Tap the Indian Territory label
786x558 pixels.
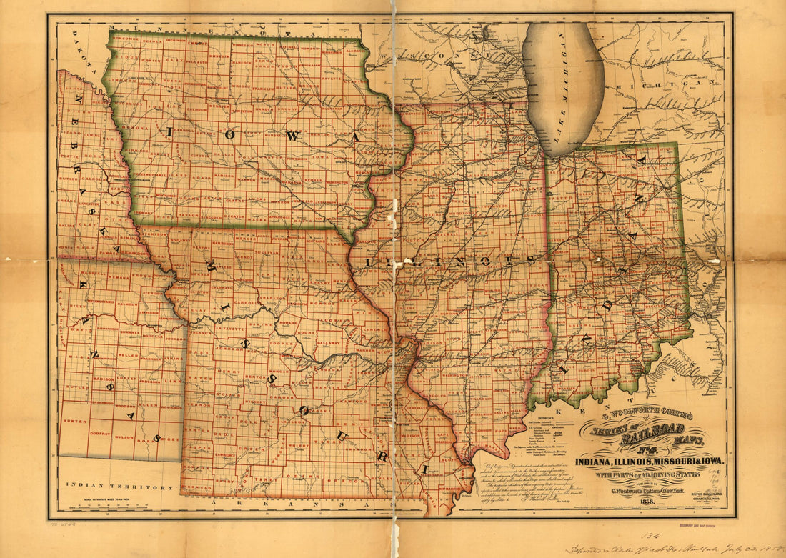(119, 486)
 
